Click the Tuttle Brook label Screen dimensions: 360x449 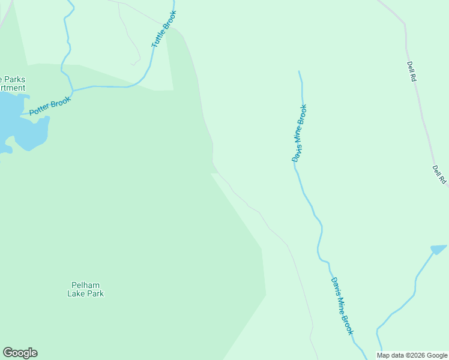164,29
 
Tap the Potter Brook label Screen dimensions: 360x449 50,106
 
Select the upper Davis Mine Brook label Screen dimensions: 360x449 300,133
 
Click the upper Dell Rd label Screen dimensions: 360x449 412,71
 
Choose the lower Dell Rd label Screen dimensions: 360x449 440,175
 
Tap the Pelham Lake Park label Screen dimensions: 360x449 85,289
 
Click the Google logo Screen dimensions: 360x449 20,353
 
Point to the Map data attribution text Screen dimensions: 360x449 412,355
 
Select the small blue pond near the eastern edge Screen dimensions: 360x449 439,248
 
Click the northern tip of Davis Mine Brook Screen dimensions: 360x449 299,71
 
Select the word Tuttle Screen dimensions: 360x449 159,37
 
